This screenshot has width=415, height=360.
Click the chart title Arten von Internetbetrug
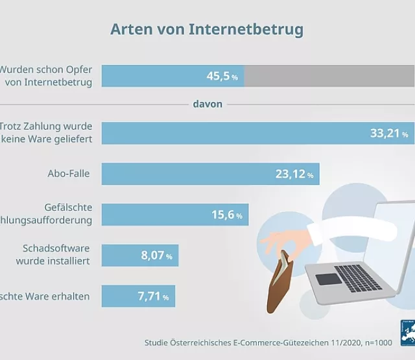click(206, 29)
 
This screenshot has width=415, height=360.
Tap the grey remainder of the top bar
click(329, 77)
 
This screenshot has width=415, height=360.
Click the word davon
click(207, 104)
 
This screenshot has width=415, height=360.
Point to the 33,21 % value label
click(389, 134)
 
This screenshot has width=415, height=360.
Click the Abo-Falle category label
click(68, 173)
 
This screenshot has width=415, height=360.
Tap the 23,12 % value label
click(292, 174)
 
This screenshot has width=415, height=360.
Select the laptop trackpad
click(327, 279)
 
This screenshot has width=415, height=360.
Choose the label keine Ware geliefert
click(51, 139)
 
